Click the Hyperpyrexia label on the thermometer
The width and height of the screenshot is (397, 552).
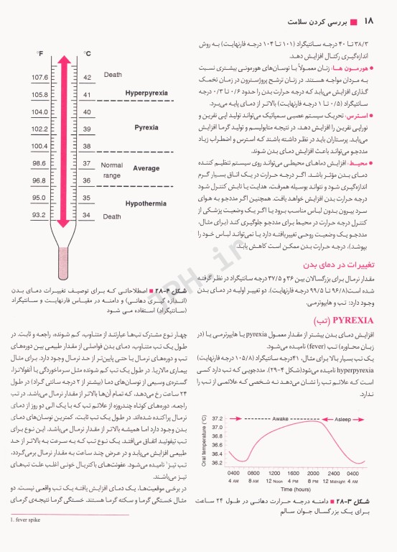click(x=146, y=93)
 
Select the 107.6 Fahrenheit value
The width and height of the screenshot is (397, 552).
click(x=39, y=77)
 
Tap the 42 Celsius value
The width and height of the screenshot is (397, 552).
click(x=88, y=77)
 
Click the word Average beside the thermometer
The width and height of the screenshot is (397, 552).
click(x=146, y=167)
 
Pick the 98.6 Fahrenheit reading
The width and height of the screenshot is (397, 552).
click(x=39, y=163)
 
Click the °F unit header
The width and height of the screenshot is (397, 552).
click(x=40, y=53)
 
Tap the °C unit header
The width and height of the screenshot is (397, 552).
click(x=87, y=53)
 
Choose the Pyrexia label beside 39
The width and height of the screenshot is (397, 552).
click(x=146, y=128)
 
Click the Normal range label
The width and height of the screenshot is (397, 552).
click(x=112, y=170)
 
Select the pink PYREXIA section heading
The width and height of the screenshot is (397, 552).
click(x=354, y=318)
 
